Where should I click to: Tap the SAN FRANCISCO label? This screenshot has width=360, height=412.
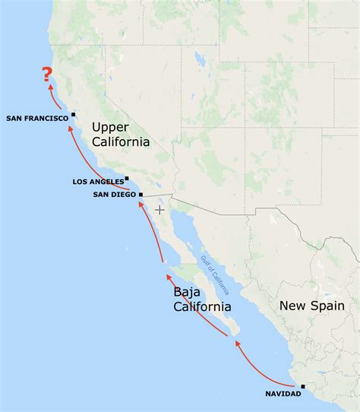(37, 118)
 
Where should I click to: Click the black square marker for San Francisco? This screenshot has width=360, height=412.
(74, 115)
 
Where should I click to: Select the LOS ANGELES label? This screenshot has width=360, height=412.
(98, 182)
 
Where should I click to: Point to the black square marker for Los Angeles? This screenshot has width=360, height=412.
(127, 179)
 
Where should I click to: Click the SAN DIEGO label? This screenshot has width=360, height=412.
(114, 195)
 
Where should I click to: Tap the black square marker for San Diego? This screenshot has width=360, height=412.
(141, 195)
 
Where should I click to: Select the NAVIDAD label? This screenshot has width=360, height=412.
(283, 393)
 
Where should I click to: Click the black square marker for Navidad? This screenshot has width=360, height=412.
(302, 386)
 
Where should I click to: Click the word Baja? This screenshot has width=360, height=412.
(188, 293)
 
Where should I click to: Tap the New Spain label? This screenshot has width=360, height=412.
(311, 306)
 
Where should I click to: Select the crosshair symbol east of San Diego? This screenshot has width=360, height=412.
(159, 209)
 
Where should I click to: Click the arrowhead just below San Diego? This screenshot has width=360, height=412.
(141, 205)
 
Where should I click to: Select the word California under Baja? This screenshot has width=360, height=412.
(202, 307)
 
